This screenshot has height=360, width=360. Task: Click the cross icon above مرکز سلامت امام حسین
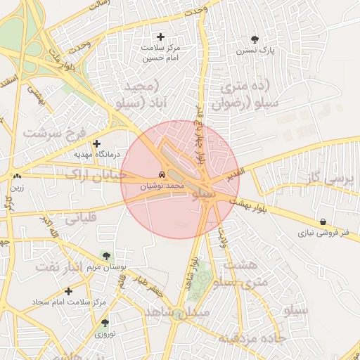(161, 37)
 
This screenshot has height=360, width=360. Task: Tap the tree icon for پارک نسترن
(254, 39)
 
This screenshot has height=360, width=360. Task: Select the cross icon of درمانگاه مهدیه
(96, 143)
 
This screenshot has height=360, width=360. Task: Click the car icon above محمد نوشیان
(162, 174)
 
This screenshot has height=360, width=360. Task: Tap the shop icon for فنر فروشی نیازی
(322, 221)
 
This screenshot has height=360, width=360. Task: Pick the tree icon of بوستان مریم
(105, 257)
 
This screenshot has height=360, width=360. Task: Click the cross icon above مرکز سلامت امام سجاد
(68, 291)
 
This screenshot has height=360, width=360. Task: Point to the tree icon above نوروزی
(105, 323)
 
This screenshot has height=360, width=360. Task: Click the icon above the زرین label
(16, 176)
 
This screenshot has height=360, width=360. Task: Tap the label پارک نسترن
(254, 51)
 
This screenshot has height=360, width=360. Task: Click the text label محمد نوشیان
(162, 187)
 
